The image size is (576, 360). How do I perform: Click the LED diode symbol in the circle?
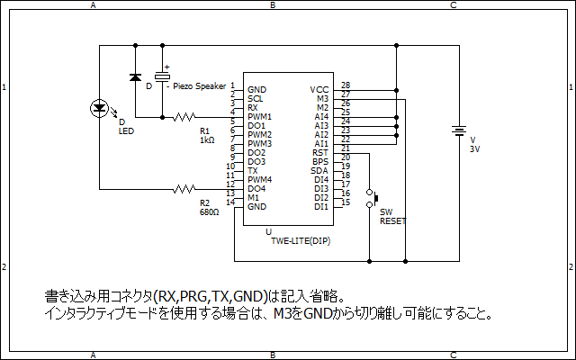click(99, 108)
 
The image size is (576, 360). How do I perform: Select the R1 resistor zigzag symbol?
click(184, 117)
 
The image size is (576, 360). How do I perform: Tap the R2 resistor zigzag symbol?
click(184, 189)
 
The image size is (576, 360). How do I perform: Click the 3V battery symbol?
click(459, 131)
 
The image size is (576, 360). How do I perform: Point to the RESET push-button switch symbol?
click(372, 198)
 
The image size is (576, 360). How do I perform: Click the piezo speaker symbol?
click(162, 76)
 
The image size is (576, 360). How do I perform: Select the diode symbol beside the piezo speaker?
click(136, 77)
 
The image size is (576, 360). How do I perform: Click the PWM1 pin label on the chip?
click(260, 117)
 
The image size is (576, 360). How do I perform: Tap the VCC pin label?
click(319, 90)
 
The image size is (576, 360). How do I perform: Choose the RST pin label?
click(320, 153)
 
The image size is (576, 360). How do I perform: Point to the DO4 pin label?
click(256, 189)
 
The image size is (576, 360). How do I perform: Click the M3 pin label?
click(322, 99)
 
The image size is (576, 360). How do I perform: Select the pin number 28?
click(346, 85)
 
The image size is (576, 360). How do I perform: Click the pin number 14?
click(230, 202)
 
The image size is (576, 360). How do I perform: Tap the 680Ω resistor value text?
click(210, 212)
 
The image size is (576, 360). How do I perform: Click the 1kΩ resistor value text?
click(207, 140)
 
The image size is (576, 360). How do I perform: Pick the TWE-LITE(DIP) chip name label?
click(301, 241)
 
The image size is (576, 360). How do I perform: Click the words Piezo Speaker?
click(200, 86)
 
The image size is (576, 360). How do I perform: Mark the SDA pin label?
click(319, 171)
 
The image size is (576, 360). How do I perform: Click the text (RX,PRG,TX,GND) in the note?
click(211, 296)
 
